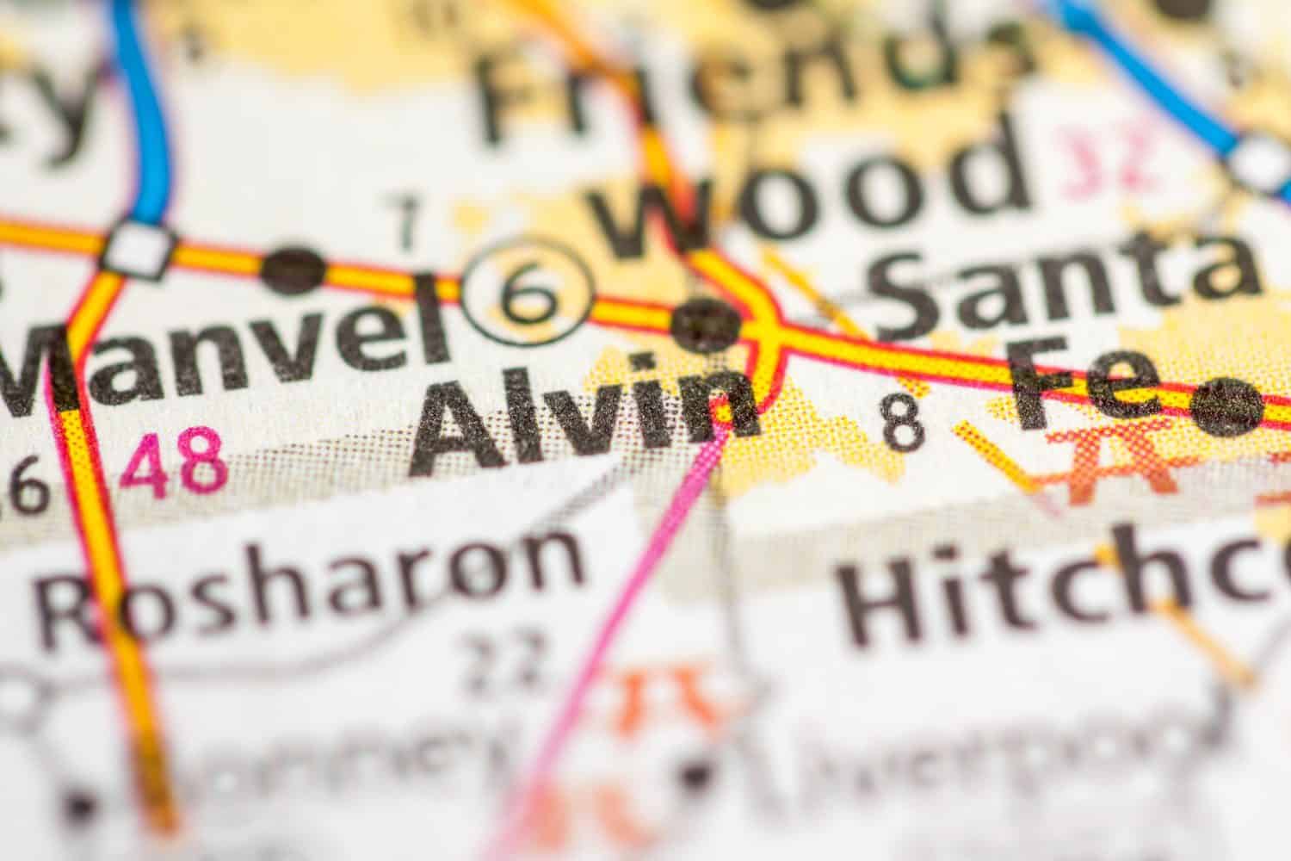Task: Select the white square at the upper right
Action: point(1258,160)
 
